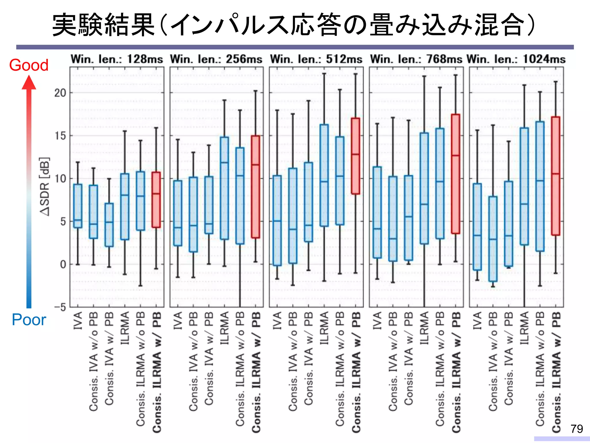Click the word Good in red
pos(29,65)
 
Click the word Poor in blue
pos(29,320)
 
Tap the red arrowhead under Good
pos(29,82)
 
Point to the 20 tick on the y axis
pos(60,93)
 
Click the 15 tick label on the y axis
pos(60,136)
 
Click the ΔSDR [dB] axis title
pos(45,187)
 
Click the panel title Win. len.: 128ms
pos(117,59)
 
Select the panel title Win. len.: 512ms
pos(316,59)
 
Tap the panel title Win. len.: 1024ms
pos(516,59)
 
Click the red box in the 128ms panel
pos(156,200)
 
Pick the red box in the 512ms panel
pos(355,156)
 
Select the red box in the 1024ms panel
pos(555,176)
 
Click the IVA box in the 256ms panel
pos(178,213)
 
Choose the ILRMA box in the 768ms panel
pos(424,188)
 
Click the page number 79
pos(576,429)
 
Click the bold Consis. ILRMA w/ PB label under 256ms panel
pos(256,372)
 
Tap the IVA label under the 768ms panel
pos(377,320)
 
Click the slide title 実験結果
pos(104,25)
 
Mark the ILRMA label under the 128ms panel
pos(125,328)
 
